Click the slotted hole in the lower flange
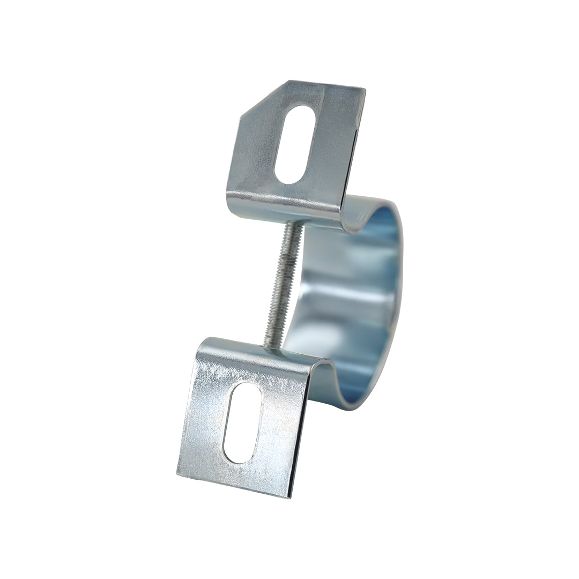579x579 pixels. click(242, 422)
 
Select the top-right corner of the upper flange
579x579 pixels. click(365, 90)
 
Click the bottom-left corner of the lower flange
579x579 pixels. click(177, 474)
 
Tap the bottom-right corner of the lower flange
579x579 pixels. click(290, 497)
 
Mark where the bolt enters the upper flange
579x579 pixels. click(292, 224)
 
